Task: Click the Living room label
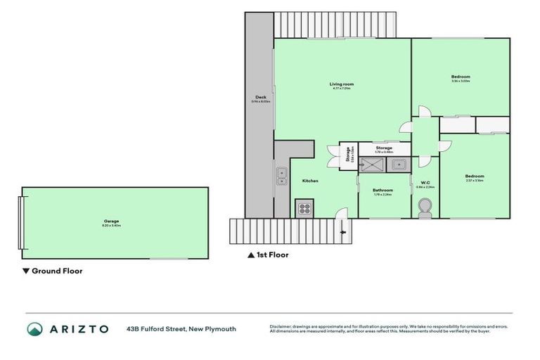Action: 340,85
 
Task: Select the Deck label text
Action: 260,98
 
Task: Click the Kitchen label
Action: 310,181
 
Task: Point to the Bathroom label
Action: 382,190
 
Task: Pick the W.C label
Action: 425,183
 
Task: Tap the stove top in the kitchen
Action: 304,208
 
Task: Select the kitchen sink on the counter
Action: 281,173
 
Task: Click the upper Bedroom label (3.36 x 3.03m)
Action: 461,77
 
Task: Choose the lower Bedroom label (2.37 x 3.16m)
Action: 475,176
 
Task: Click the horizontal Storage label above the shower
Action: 384,148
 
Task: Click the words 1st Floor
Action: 272,255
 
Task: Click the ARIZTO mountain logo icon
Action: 35,329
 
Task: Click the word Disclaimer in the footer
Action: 281,326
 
